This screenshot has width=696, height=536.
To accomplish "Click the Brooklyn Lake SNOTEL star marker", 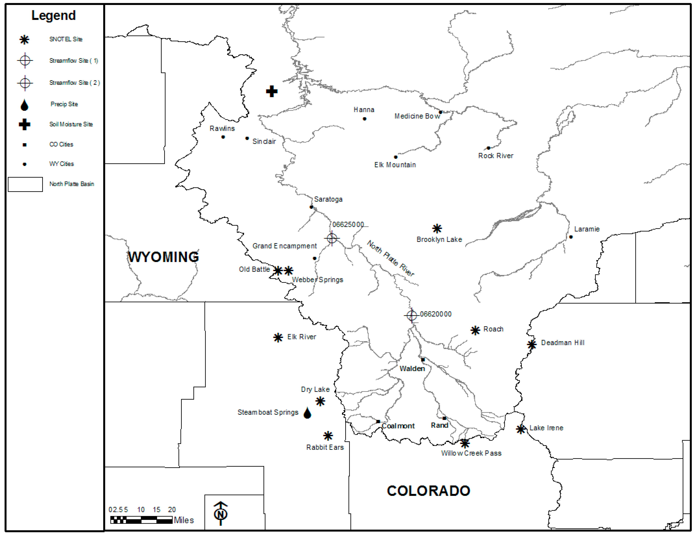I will (x=437, y=229).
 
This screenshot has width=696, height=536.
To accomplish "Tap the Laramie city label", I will (x=587, y=229).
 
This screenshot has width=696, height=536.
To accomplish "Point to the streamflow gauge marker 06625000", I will (x=332, y=238).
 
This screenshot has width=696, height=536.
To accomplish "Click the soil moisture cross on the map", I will (x=272, y=91).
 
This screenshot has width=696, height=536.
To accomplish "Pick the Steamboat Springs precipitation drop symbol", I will (x=307, y=413).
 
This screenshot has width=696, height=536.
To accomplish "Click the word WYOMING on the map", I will (x=163, y=257).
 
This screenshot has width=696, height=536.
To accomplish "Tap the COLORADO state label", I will (x=428, y=491).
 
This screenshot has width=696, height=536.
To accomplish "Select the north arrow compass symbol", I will (x=220, y=513).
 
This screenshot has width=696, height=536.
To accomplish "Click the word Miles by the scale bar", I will (x=184, y=520).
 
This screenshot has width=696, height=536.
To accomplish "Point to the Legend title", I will (x=54, y=15).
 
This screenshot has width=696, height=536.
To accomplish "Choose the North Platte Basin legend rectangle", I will (x=25, y=184).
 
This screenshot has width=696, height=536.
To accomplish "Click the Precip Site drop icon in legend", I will (x=25, y=105).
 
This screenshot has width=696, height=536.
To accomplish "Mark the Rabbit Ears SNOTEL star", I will (x=328, y=436).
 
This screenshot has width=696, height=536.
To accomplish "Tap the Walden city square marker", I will (x=423, y=360).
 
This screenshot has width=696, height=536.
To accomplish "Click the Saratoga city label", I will (x=328, y=199).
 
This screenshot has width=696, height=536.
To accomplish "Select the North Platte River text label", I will (x=391, y=258).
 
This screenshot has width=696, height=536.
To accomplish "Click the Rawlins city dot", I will (x=223, y=137).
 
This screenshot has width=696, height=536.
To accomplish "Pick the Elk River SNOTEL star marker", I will (x=278, y=338).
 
